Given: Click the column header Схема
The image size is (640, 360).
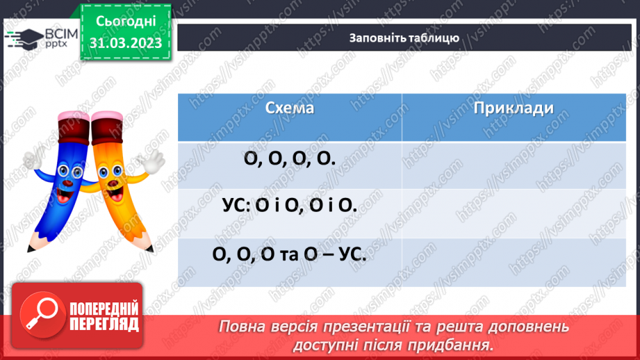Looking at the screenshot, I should (x=289, y=108).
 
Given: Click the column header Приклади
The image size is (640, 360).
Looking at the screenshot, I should (x=514, y=108).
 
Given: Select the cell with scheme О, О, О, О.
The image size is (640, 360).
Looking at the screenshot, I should (x=289, y=158).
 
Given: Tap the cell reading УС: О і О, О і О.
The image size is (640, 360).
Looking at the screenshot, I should (x=289, y=206).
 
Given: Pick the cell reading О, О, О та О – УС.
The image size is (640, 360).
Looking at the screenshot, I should (x=289, y=254).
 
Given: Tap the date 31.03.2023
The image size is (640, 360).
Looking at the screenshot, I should (x=125, y=43).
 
